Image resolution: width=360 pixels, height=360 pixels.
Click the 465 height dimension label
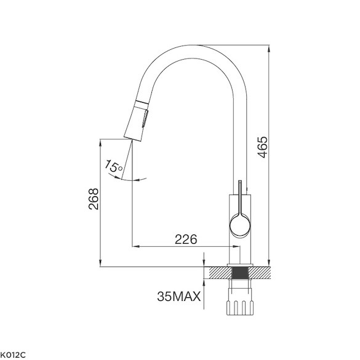(262, 147)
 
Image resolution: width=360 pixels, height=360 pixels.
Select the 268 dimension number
(94, 199)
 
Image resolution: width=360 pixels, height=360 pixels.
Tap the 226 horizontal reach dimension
(186, 239)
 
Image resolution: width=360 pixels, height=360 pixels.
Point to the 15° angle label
(113, 166)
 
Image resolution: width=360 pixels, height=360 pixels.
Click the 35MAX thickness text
(179, 296)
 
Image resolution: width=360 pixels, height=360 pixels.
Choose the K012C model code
(13, 354)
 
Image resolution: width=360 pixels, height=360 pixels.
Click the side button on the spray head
(145, 118)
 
